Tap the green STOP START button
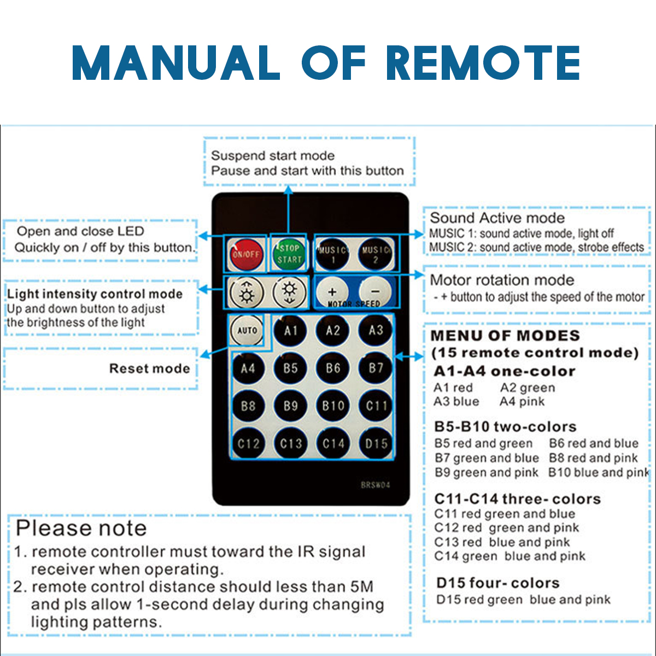tap(289, 254)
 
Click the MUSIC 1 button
tap(333, 254)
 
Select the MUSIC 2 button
tap(376, 254)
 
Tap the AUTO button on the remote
tap(247, 330)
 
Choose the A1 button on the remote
tap(290, 330)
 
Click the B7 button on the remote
tap(376, 368)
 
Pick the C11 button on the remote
tap(376, 406)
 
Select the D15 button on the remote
tap(376, 443)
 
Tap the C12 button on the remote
tap(248, 443)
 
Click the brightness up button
tap(247, 292)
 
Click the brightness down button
tap(289, 292)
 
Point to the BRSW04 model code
tap(376, 485)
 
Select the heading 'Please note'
tap(81, 528)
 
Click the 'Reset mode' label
tap(149, 368)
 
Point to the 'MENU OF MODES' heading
tap(505, 336)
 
